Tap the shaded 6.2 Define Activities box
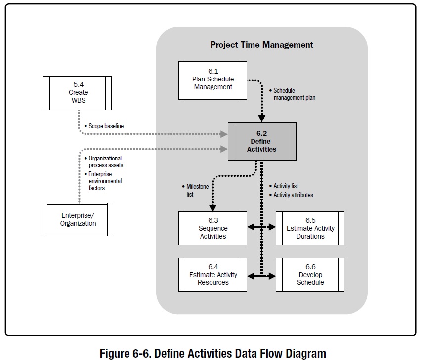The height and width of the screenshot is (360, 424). tap(262, 142)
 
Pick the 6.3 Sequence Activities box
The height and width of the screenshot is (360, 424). tap(212, 228)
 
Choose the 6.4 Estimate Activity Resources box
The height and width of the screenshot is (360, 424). tap(212, 275)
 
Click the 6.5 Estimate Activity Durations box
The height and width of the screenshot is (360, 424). tap(310, 228)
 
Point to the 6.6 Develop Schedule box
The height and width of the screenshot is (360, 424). tap(310, 275)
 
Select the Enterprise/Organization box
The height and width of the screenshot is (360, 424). tap(78, 219)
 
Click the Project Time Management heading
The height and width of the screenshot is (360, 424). tap(261, 45)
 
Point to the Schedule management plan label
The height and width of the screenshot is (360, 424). tap(294, 94)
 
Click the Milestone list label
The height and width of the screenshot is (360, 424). tap(191, 191)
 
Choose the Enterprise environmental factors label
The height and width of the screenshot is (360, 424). tap(104, 181)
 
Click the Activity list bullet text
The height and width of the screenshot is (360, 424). tap(285, 186)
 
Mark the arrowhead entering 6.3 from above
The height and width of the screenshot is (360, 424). tap(212, 208)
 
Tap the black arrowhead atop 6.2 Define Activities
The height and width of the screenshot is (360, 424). tap(261, 119)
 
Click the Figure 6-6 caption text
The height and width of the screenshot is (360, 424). tap(212, 353)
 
